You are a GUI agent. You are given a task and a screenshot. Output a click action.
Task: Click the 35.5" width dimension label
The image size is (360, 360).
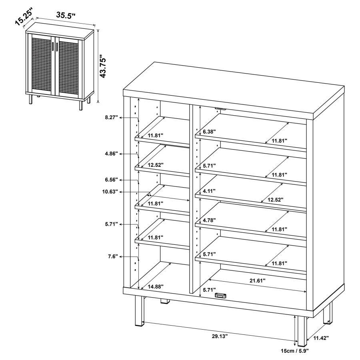coord(66,16)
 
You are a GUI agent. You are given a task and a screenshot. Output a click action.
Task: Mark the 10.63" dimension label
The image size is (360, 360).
coord(110,192)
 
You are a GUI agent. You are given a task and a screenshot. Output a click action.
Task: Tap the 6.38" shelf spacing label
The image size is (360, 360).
coord(210,131)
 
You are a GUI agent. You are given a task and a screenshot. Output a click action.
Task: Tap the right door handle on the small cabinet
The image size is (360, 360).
coord(58,47)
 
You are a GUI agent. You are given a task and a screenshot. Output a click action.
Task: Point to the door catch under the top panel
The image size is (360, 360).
coord(220,108)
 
